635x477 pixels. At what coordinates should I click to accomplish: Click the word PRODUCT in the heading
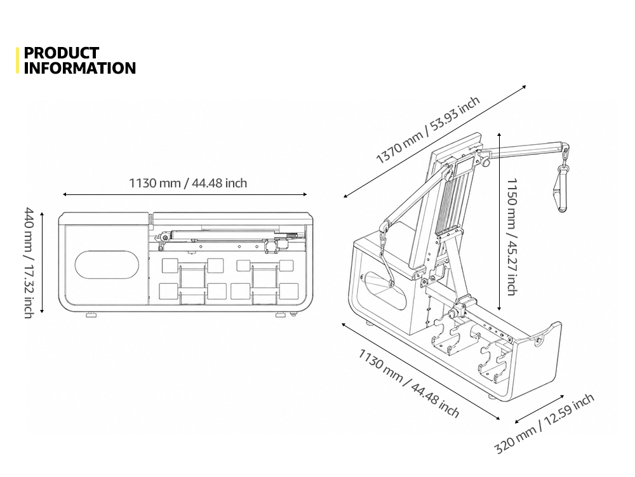coord(61,53)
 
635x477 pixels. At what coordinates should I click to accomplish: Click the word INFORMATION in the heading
coord(80,68)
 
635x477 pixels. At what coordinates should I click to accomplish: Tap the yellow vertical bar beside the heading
coord(17,60)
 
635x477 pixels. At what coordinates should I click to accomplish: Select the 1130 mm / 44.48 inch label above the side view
coord(188,183)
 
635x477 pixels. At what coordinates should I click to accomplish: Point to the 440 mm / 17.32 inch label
coord(29,263)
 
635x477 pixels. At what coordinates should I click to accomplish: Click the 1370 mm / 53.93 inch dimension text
coord(427,130)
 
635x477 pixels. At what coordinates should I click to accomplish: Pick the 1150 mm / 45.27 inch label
coord(512,237)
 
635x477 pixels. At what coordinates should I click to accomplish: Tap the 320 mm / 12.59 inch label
coord(544,423)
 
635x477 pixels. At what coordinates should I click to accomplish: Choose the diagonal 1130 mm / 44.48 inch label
coord(408,382)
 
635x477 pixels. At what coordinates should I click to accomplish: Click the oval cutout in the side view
coord(107,265)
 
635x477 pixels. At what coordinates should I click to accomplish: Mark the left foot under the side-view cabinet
coord(91,314)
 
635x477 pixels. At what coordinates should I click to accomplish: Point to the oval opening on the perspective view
coord(385,290)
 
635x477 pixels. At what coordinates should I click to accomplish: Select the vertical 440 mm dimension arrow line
coord(42,262)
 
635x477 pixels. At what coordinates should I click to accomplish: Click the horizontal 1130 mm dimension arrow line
coord(185,194)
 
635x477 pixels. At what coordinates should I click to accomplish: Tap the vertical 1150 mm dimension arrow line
coord(499,222)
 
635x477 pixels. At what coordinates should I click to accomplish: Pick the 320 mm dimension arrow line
coord(539,410)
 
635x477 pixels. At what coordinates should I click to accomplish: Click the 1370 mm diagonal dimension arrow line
coord(434,141)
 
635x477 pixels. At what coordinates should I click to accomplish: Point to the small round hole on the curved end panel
coord(538,341)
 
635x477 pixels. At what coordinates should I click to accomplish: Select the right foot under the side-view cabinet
coord(280,314)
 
